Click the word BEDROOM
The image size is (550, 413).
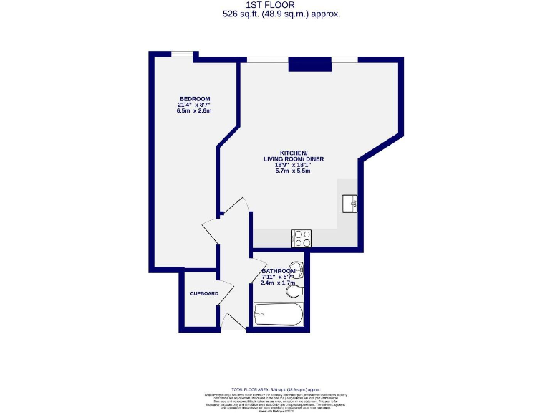click(x=194, y=98)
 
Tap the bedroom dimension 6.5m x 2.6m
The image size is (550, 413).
click(x=194, y=112)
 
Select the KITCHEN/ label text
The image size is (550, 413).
click(x=294, y=154)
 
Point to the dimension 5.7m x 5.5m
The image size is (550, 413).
click(x=294, y=170)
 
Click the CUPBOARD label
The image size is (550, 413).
click(x=203, y=294)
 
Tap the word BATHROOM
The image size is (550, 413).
click(x=278, y=270)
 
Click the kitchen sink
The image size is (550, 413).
click(x=351, y=203)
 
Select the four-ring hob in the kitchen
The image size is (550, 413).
click(x=301, y=237)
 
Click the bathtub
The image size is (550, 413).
click(x=279, y=315)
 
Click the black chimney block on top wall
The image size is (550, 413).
click(x=310, y=65)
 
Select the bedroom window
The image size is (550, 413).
click(x=181, y=54)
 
